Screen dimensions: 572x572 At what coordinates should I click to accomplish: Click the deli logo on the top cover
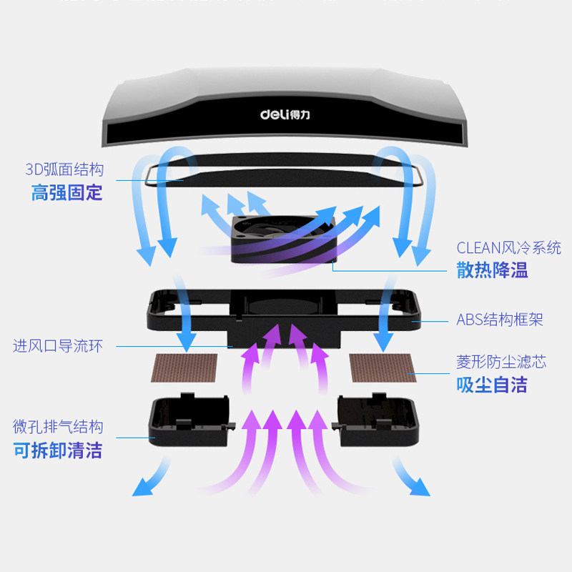coord(285,114)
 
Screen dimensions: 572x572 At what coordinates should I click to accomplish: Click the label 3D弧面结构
coord(64,169)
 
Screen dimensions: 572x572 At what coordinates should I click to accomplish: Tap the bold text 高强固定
coord(66,192)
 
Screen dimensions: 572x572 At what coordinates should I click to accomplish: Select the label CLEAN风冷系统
coord(508,248)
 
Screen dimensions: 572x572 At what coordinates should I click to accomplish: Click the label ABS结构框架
coord(500,320)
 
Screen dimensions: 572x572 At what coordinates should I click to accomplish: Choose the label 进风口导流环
coord(58,346)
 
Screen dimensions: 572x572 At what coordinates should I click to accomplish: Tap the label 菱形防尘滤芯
coord(501,362)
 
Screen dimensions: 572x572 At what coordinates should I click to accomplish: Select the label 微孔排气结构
coord(58,427)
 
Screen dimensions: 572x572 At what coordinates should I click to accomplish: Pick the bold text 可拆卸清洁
coord(58,450)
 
